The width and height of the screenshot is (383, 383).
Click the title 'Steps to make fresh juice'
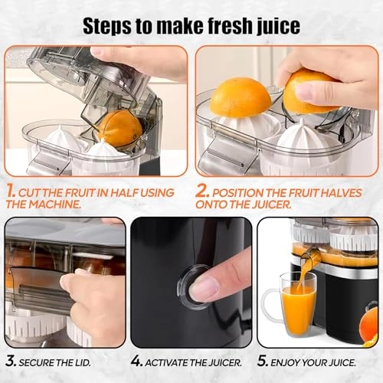coord(191,25)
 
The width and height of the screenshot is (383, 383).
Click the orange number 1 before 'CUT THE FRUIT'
coord(11,192)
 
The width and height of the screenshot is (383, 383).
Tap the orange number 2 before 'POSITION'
coord(202,192)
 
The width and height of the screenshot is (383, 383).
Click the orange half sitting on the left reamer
coord(241,98)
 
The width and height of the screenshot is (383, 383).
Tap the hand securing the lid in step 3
coord(84,287)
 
